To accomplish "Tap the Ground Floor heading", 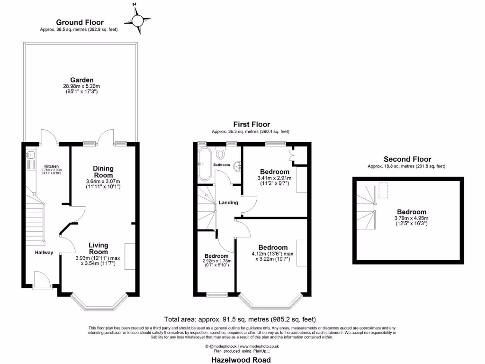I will [80, 22].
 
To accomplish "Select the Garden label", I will [82, 80].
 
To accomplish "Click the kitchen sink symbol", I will [29, 155].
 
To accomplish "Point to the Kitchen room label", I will [50, 166].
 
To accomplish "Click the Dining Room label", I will [103, 172].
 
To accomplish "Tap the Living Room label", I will [99, 248].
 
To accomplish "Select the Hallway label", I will [44, 253].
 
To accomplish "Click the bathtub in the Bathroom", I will [204, 164].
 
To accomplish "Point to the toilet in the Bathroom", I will [221, 154].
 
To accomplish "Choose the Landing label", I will [228, 203].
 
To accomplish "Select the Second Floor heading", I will [407, 159].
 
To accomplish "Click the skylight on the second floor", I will [383, 191].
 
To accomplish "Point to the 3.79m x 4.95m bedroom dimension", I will [411, 221].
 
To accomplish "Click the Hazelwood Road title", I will [241, 360].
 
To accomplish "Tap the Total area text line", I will [240, 319].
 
